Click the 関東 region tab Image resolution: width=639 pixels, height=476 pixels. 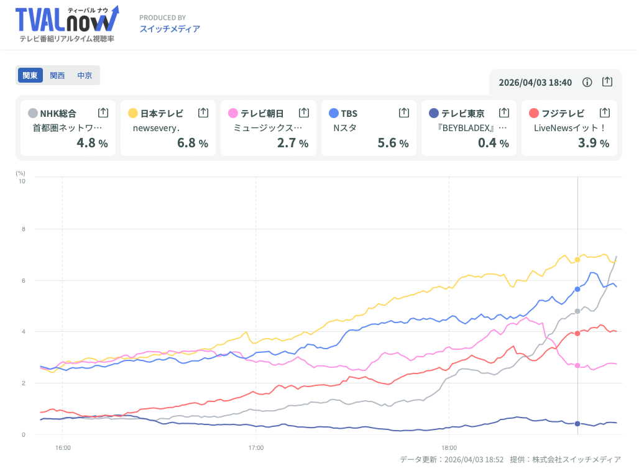(30, 75)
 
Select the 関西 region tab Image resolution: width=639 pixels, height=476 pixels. (57, 75)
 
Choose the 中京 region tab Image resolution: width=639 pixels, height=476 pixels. (85, 75)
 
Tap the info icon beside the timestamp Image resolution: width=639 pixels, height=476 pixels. (587, 82)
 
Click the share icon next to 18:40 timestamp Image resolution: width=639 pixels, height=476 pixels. (607, 82)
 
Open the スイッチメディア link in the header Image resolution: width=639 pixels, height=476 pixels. (169, 29)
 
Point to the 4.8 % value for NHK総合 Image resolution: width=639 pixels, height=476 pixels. (92, 143)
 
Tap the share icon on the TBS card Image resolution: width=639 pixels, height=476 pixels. (404, 112)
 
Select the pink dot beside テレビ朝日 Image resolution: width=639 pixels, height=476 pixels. (233, 113)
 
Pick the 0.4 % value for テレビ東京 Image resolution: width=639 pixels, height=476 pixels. (494, 143)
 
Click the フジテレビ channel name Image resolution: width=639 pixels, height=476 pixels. (563, 113)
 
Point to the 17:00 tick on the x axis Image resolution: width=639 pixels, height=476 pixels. (256, 447)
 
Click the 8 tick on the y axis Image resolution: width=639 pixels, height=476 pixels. (23, 229)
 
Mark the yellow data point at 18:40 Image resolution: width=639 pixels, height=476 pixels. (577, 259)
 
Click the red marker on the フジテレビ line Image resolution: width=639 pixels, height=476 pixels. (577, 334)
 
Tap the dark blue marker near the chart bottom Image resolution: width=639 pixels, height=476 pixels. (577, 424)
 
